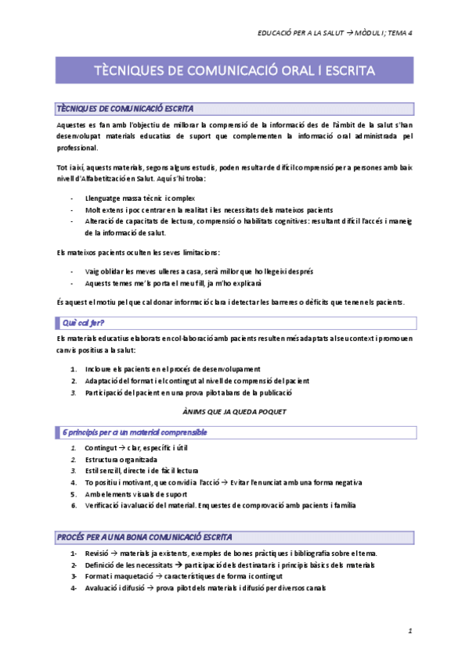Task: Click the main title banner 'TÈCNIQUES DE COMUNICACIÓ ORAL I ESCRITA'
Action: pos(234,70)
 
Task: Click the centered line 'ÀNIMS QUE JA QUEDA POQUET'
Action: pos(234,410)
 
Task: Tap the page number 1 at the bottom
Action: pos(409,630)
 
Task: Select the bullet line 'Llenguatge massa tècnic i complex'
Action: pos(135,199)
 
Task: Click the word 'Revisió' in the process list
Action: pos(98,554)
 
